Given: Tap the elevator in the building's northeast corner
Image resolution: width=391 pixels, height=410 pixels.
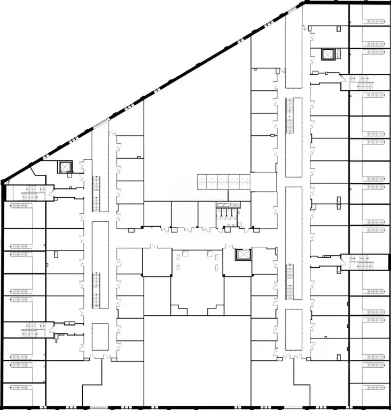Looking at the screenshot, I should point(326,55).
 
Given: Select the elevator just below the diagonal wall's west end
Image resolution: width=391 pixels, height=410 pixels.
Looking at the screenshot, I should point(65,167).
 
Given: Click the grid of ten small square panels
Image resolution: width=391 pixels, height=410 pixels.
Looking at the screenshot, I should point(224,182).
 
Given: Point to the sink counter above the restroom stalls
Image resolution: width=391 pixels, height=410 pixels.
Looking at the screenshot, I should point(228,205).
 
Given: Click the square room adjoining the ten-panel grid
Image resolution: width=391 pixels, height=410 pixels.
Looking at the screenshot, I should point(264,182).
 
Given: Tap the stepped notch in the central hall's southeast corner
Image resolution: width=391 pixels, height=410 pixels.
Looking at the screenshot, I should point(216,309).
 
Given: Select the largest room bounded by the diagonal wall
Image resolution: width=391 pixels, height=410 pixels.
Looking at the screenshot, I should point(198,123).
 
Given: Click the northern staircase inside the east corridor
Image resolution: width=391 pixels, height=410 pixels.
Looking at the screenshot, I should point(290,117).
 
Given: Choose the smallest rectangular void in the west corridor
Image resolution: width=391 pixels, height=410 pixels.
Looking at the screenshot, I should point(100,336).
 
